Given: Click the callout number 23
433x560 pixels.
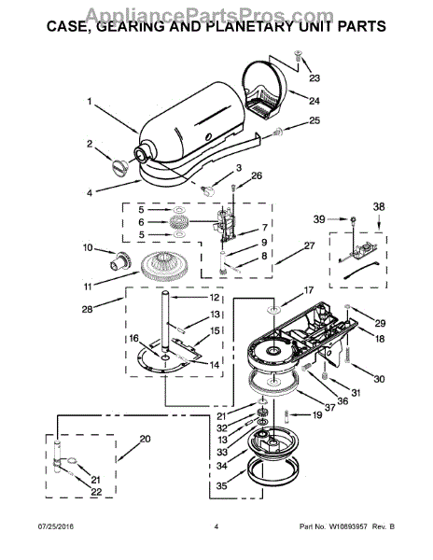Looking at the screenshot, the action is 314,77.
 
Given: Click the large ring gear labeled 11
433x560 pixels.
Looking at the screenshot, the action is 165,268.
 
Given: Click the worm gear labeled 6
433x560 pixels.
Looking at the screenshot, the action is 178,222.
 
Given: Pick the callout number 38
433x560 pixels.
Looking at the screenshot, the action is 379,206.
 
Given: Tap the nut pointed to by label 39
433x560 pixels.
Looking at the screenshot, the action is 353,219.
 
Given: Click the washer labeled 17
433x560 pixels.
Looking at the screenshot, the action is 274,310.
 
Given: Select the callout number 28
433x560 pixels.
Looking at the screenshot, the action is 87,309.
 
